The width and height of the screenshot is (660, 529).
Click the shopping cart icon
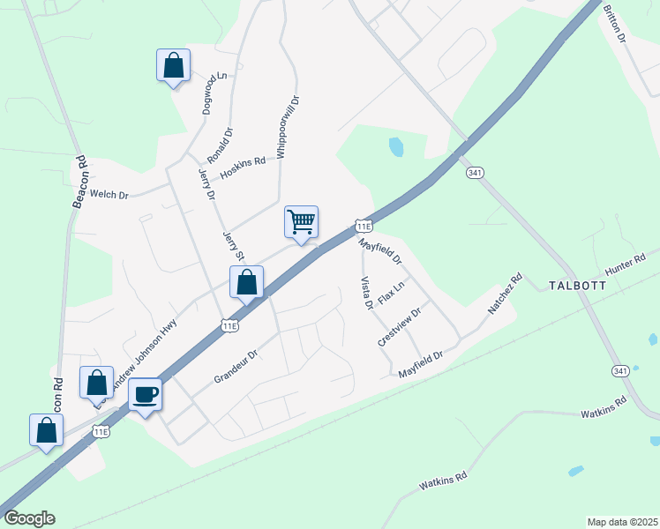pyautogui.click(x=301, y=221)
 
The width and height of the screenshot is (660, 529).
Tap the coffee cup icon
pyautogui.click(x=145, y=393)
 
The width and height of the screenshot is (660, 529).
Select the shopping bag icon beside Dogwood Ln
pyautogui.click(x=173, y=64)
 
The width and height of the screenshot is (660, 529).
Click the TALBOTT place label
pyautogui.click(x=578, y=286)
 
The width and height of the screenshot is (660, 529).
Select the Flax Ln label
pyautogui.click(x=391, y=293)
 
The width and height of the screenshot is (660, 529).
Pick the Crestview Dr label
pyautogui.click(x=400, y=325)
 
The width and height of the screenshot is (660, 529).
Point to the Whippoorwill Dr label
pyautogui.click(x=283, y=127)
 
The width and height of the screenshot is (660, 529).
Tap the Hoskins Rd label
pyautogui.click(x=243, y=168)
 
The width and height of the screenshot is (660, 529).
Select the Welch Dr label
pyautogui.click(x=110, y=194)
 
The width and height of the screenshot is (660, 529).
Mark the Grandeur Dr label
pyautogui.click(x=236, y=367)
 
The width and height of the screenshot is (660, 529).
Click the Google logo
pyautogui.click(x=29, y=518)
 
